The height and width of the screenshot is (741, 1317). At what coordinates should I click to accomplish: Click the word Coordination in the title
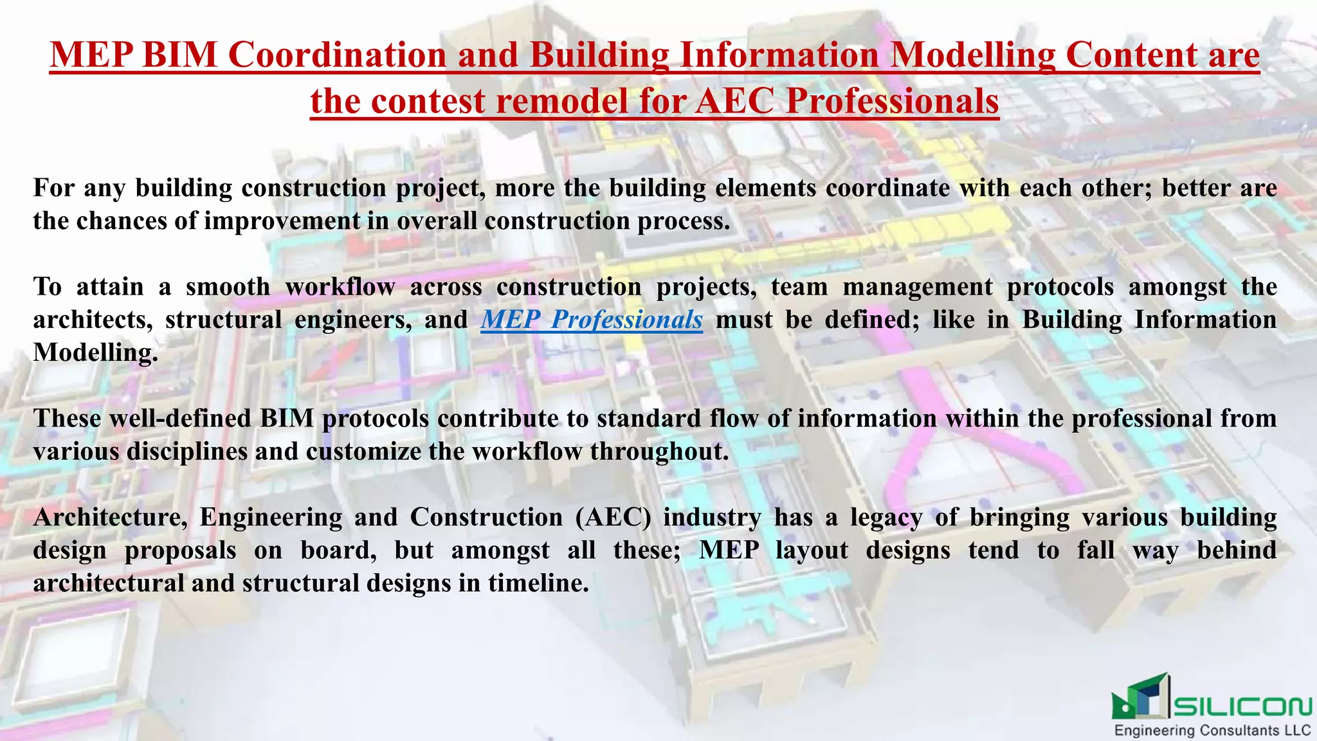pyautogui.click(x=337, y=55)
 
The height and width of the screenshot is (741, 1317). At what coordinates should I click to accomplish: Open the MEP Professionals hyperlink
pyautogui.click(x=592, y=320)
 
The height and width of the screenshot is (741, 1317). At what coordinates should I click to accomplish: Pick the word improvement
pyautogui.click(x=282, y=221)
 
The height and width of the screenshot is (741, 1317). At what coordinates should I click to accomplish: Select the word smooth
pyautogui.click(x=228, y=287)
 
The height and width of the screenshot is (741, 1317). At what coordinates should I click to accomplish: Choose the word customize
pyautogui.click(x=363, y=452)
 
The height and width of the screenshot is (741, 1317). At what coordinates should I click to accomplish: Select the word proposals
pyautogui.click(x=180, y=551)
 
